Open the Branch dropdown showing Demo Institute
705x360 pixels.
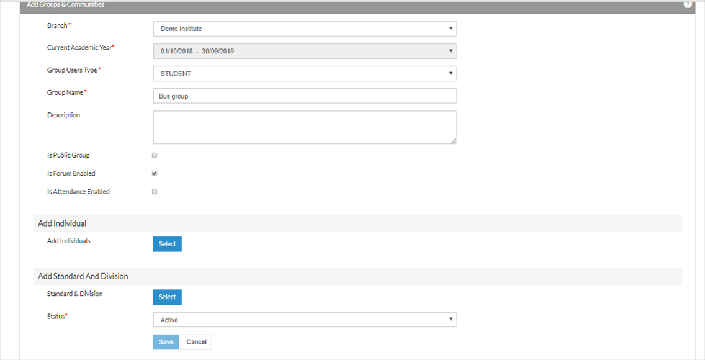point(304,29)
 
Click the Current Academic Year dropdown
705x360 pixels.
point(304,52)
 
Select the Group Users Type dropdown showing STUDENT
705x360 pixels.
point(304,74)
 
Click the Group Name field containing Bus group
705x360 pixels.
point(304,96)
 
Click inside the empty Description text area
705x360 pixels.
point(304,127)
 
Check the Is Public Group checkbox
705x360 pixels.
point(155,156)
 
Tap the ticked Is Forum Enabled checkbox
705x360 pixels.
point(155,174)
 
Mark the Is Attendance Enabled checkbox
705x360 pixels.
point(155,192)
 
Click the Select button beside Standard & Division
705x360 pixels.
point(168,297)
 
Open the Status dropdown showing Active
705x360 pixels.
point(304,320)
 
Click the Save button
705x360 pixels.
point(166,342)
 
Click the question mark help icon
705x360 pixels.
point(688,4)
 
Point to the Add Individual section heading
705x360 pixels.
point(62,223)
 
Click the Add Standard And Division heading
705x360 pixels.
point(83,276)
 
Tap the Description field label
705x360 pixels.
point(63,115)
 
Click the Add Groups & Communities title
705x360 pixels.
point(66,4)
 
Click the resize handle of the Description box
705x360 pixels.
point(453,141)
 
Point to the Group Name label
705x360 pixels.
point(65,92)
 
